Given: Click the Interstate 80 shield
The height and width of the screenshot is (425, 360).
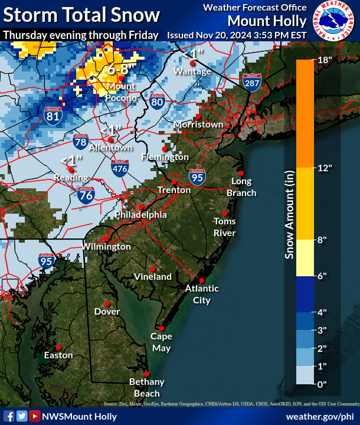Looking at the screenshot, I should pos(156,102).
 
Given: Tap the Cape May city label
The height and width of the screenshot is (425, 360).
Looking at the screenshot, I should pos(161,342).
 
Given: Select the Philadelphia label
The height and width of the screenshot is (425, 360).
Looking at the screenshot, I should pos(141,215).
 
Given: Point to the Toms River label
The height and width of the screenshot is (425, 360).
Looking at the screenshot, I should pos(224,227).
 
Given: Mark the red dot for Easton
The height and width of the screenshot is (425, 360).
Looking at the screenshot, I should pos(58,346).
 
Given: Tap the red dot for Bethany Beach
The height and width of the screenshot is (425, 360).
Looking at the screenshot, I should pos(146,373).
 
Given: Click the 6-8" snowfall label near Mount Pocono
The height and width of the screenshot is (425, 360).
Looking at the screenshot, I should pos(122,70).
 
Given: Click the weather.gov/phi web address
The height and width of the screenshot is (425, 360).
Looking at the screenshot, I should pos(319,416).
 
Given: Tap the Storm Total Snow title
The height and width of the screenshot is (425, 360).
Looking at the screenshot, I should pos(81,14).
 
